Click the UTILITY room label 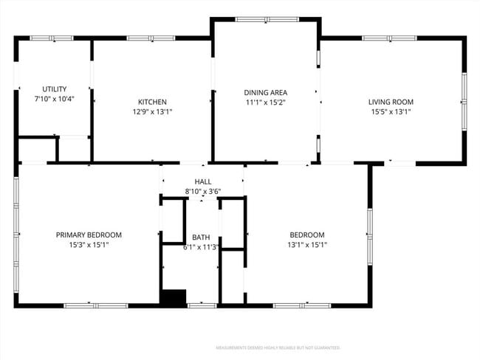54,89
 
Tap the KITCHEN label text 153,102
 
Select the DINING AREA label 264,92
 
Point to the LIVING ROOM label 391,102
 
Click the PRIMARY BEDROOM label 89,235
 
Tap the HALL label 203,181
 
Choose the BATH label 201,237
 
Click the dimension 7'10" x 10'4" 54,98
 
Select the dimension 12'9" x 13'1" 153,112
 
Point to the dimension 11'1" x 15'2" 264,103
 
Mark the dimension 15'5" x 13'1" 391,112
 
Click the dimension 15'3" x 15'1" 89,245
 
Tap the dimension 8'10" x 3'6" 203,191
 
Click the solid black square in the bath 174,297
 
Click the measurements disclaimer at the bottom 277,347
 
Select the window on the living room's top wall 388,38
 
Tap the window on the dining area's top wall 266,19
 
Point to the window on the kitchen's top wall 151,38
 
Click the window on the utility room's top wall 52,38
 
